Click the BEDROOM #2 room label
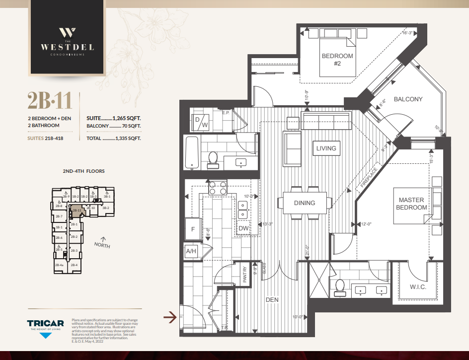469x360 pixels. tap(337, 60)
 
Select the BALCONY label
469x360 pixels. tap(408, 99)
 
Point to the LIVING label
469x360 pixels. tap(326, 148)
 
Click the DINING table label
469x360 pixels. tap(304, 203)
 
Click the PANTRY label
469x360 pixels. tap(245, 275)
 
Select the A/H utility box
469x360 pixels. tap(191, 251)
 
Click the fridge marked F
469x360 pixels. tap(193, 229)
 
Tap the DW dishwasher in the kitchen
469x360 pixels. tap(243, 228)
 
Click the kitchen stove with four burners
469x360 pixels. tap(217, 188)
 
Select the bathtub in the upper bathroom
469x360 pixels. tap(191, 153)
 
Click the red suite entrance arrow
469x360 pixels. tap(170, 316)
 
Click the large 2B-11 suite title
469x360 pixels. tap(50, 101)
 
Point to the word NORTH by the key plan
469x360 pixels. tap(102, 245)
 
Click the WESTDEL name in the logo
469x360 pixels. tap(67, 48)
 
